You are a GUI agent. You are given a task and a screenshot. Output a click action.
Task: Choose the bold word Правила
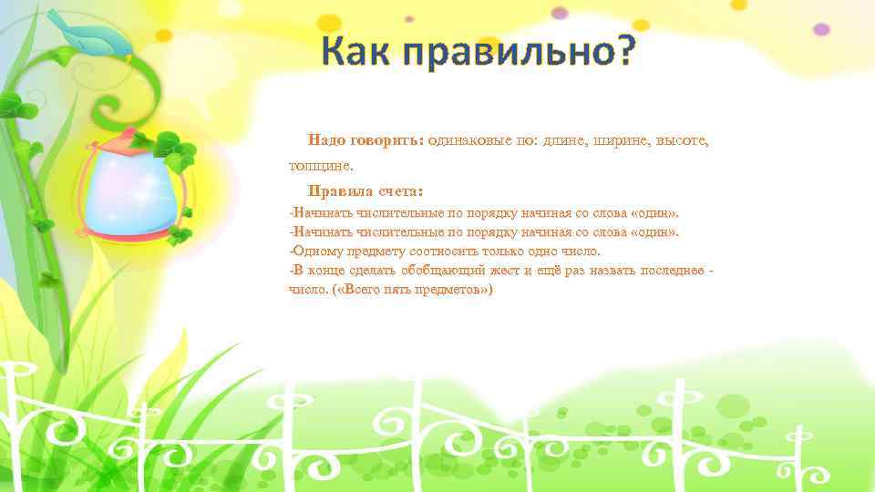(x=341, y=191)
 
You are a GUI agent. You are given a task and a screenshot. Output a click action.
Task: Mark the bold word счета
(x=401, y=191)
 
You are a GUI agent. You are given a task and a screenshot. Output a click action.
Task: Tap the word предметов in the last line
(x=455, y=290)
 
